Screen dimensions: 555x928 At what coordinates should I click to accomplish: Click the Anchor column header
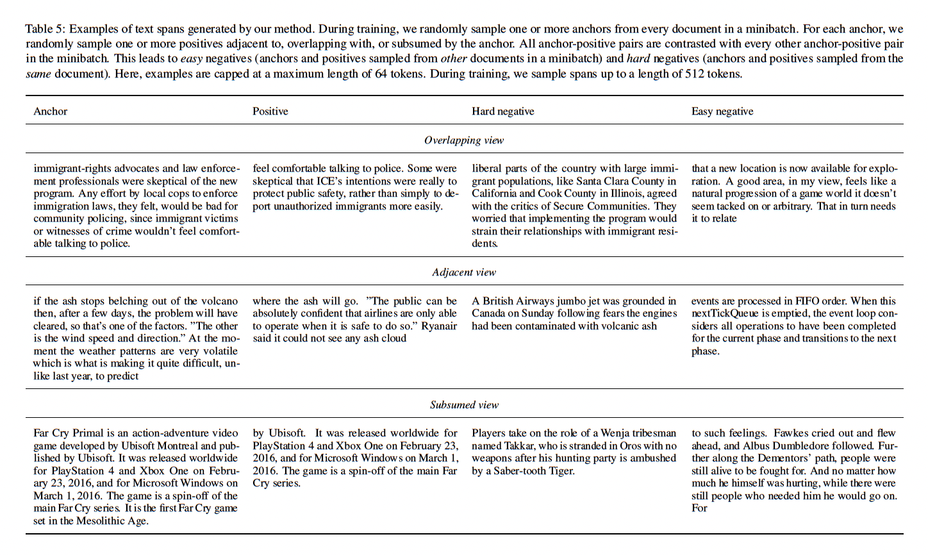51,112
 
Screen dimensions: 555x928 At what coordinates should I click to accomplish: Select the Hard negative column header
503,112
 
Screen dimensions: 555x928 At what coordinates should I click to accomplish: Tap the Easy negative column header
722,112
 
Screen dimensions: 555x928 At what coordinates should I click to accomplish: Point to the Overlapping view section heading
464,140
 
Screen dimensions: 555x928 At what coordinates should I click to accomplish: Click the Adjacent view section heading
464,272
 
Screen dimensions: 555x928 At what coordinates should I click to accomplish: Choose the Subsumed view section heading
464,405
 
